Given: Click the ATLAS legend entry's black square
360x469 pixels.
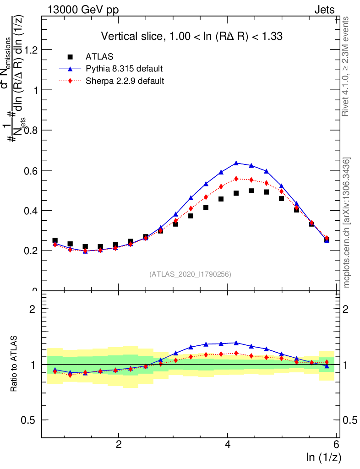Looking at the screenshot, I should tap(70, 57).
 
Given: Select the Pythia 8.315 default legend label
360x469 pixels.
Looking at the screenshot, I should tap(124, 69).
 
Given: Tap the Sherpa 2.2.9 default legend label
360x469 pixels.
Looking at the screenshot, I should tap(125, 81).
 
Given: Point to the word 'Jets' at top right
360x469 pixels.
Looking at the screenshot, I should tap(324, 10).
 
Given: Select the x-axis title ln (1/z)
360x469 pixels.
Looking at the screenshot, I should tap(324, 457).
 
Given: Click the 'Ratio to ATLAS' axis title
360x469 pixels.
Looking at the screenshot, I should tap(14, 364).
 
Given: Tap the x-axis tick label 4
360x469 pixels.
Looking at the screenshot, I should tap(228, 444).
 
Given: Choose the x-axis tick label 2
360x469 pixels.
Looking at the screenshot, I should tap(119, 444).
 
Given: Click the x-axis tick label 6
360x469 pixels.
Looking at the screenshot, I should tap(337, 444).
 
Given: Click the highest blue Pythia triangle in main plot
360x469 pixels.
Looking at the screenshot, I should tap(236, 163).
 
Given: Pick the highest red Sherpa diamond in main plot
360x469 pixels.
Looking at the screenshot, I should tap(236, 179).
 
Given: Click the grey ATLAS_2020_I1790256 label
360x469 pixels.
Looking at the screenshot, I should tap(190, 274).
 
